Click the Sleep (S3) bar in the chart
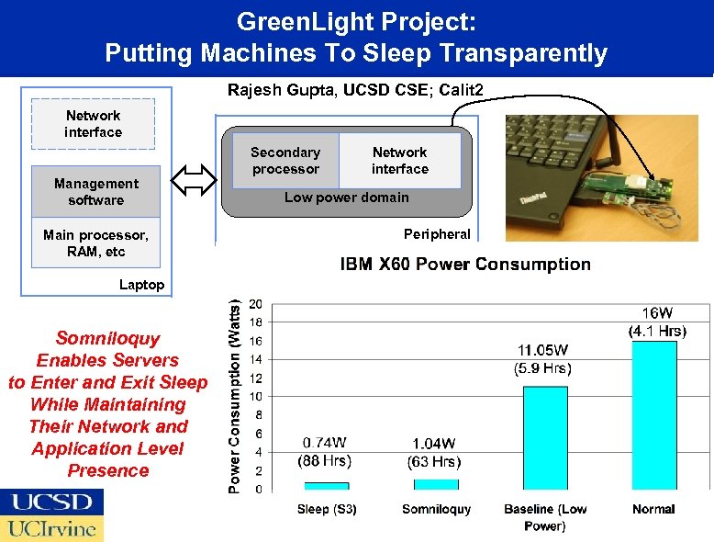click(x=327, y=485)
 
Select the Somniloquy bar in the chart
click(x=436, y=484)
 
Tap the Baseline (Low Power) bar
click(x=545, y=437)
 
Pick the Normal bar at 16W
click(x=654, y=414)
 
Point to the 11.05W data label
click(x=543, y=350)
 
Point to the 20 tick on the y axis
click(x=255, y=304)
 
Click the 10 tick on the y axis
click(x=255, y=397)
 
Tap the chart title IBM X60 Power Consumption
click(x=465, y=265)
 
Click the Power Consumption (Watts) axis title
click(x=235, y=394)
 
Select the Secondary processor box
click(x=285, y=161)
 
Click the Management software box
click(x=95, y=192)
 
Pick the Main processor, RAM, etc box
click(x=95, y=243)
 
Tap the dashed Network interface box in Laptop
click(x=93, y=124)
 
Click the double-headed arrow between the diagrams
click(x=194, y=181)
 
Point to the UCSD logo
click(x=51, y=502)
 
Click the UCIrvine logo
click(x=51, y=528)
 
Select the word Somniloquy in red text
click(x=107, y=338)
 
